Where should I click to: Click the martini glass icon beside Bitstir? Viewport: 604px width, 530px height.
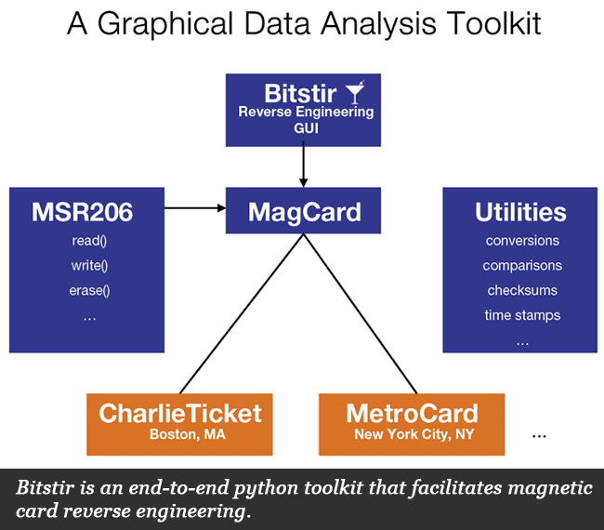point(354,92)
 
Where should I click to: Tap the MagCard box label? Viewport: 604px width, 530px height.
point(304,211)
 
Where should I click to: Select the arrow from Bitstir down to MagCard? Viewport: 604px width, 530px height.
point(304,167)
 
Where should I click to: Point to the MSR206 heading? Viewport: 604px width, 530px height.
point(82,212)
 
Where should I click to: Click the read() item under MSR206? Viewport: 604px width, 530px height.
point(89,241)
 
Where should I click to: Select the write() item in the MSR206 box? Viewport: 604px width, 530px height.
point(89,266)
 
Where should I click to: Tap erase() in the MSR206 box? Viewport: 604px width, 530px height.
point(89,290)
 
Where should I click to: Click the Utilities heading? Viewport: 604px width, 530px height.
point(520,212)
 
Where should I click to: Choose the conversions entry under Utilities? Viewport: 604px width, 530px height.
point(522,241)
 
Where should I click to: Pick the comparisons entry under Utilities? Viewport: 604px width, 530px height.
point(522,266)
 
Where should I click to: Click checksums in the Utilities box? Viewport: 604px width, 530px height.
point(522,290)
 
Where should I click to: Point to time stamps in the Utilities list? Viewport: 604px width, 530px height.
point(522,315)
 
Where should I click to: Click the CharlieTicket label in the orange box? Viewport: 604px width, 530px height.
point(180,414)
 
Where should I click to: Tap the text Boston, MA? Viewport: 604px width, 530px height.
point(180,433)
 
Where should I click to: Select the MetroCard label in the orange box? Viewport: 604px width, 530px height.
point(412,414)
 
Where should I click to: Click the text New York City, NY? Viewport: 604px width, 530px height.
point(412,433)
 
